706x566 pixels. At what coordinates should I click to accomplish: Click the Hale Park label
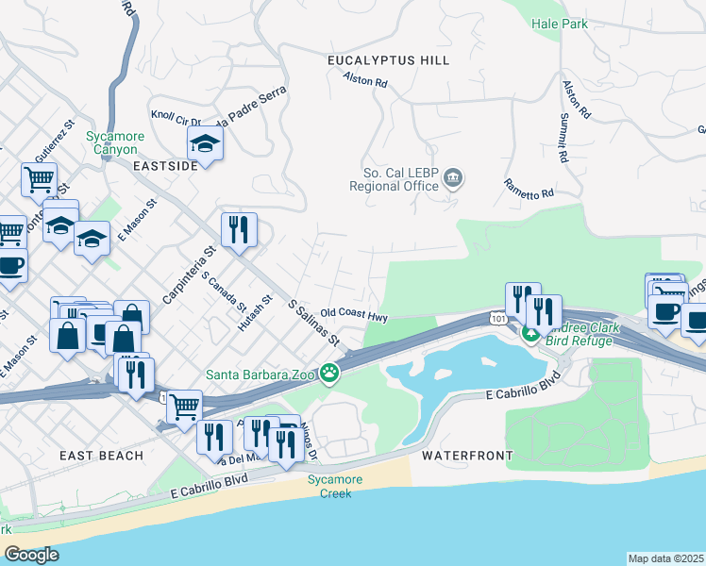560,23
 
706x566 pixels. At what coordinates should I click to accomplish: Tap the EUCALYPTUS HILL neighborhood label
388,60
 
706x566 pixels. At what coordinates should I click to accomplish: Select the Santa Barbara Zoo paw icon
329,374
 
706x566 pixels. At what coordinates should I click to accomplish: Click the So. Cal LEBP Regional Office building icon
453,178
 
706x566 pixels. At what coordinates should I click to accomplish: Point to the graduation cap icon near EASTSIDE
204,144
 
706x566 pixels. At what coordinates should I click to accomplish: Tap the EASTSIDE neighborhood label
165,164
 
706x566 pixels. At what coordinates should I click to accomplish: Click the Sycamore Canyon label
115,142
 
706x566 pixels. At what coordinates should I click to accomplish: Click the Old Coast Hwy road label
354,313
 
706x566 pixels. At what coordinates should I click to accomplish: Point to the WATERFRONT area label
467,456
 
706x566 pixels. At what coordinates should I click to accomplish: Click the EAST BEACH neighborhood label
101,456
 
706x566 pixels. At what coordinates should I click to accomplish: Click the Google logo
31,555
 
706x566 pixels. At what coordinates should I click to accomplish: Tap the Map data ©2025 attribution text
665,558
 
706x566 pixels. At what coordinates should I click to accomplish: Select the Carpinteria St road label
188,275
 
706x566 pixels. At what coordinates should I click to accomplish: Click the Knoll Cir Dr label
176,120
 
